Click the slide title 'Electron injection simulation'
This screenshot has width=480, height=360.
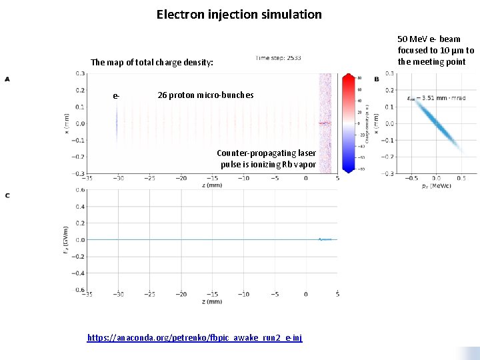[x=239, y=14]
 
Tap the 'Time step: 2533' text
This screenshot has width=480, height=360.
[x=278, y=58]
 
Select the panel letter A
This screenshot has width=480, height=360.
[x=7, y=79]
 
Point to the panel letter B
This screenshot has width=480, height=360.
[x=377, y=79]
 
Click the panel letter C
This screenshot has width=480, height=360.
[x=7, y=195]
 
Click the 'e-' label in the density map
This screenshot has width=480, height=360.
[x=117, y=96]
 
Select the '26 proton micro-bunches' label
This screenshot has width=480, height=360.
[x=205, y=95]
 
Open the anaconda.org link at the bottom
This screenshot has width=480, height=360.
[x=195, y=338]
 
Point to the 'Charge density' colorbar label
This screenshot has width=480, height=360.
[x=367, y=123]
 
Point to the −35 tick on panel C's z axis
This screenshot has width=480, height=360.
[x=87, y=294]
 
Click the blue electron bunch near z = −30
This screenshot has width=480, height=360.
[x=116, y=123]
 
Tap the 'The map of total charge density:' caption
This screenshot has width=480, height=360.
[x=152, y=63]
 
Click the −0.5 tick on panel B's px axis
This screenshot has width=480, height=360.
[x=411, y=178]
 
